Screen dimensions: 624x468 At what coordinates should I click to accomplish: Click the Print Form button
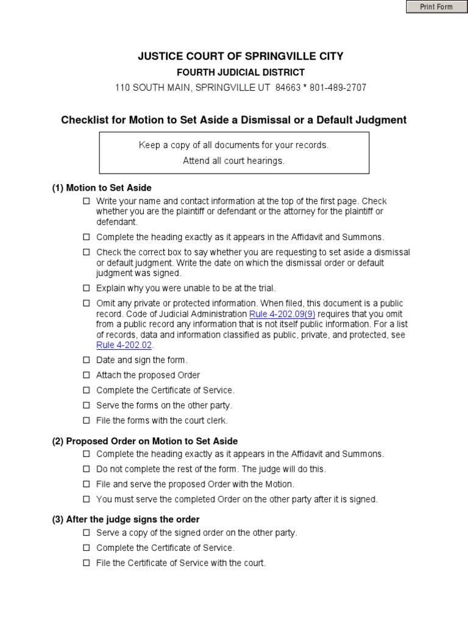(x=436, y=7)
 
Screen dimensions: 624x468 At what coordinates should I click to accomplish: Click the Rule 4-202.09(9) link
(x=282, y=314)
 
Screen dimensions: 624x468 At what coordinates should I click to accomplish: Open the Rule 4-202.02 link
(x=121, y=345)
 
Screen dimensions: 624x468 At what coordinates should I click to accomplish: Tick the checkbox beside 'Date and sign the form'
(x=86, y=360)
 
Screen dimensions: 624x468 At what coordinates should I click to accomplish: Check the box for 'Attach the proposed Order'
(x=86, y=375)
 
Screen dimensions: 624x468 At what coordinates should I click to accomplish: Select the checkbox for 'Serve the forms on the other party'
(x=86, y=405)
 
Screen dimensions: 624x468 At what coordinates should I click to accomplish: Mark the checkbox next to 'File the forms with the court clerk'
(x=86, y=420)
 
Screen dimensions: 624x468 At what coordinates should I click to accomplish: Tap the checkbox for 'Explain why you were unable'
(x=86, y=288)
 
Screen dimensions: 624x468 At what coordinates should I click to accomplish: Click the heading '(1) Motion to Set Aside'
(x=101, y=188)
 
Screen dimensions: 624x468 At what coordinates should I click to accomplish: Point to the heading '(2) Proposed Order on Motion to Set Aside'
(x=144, y=441)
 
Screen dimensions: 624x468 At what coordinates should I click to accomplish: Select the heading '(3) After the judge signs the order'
(x=126, y=519)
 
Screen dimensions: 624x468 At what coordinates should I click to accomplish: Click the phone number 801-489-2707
(x=339, y=88)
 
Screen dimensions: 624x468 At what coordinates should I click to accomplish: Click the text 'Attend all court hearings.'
(x=233, y=161)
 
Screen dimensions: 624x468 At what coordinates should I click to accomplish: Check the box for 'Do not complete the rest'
(x=86, y=469)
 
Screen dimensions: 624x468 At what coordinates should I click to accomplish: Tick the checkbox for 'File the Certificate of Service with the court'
(x=86, y=563)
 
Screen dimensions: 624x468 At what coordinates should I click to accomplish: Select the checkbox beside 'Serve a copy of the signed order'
(x=86, y=533)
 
